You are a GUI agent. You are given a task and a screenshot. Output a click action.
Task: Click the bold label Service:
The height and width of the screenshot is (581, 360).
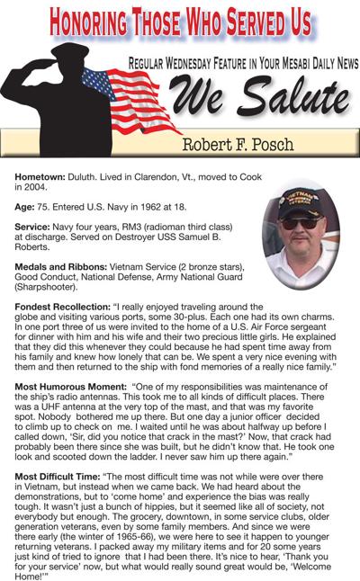point(37,228)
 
